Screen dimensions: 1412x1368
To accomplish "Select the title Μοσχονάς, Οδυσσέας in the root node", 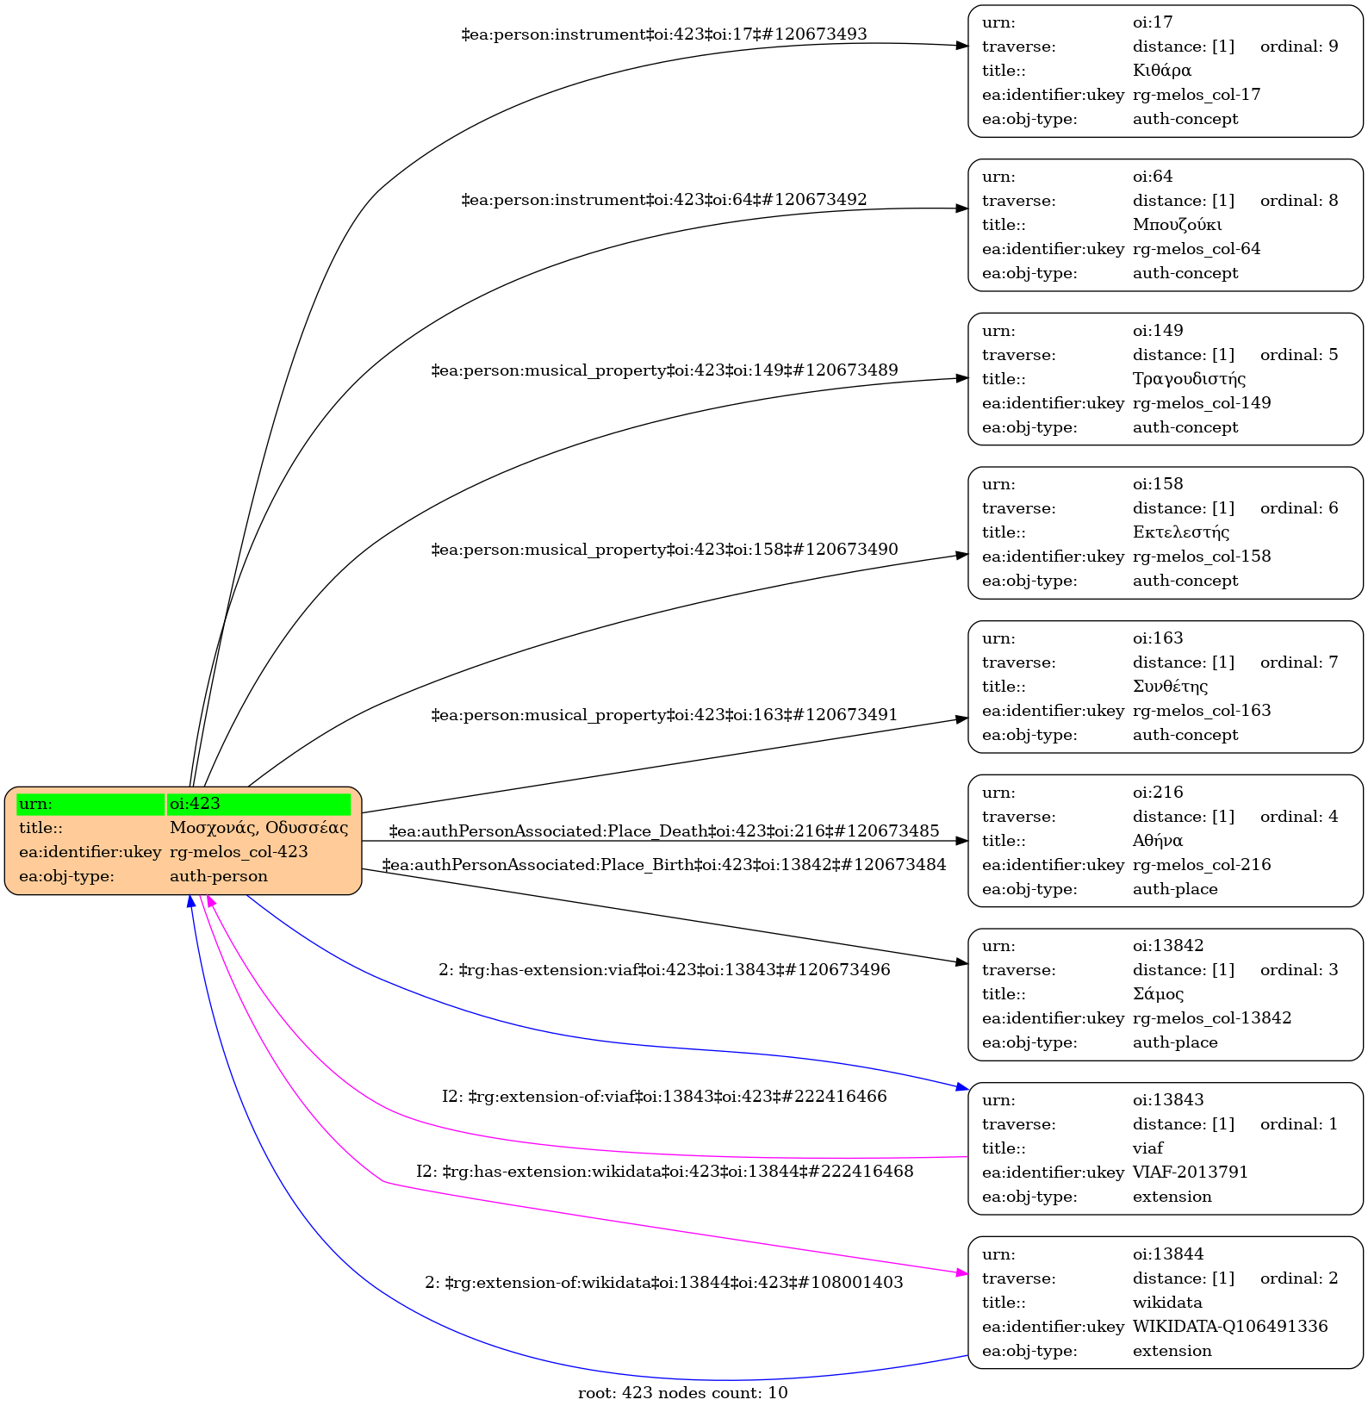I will (258, 828).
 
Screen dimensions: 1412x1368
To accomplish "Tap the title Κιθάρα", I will (1161, 71).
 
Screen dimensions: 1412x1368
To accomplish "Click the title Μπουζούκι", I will (1177, 225).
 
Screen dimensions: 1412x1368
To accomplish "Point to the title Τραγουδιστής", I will (1189, 379).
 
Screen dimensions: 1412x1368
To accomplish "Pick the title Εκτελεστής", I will (1181, 532).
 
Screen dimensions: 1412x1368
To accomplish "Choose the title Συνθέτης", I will (1170, 687).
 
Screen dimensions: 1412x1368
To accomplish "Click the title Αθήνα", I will (1157, 841).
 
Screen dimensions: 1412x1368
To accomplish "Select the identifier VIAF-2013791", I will (1190, 1173).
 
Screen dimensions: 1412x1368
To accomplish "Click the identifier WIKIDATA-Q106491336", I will (1229, 1327).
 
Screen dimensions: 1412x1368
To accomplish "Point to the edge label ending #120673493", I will (664, 34).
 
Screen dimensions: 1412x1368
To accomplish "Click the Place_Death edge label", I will (664, 831).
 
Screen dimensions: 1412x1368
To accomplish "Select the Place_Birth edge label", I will (664, 864).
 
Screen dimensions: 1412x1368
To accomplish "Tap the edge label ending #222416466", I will (664, 1097).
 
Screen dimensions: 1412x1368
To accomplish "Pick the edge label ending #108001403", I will (664, 1283).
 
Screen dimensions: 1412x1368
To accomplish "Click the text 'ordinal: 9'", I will (1299, 47).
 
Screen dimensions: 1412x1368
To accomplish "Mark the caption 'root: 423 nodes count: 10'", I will (682, 1393).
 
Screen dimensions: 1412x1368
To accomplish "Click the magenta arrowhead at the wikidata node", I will (961, 1272).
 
